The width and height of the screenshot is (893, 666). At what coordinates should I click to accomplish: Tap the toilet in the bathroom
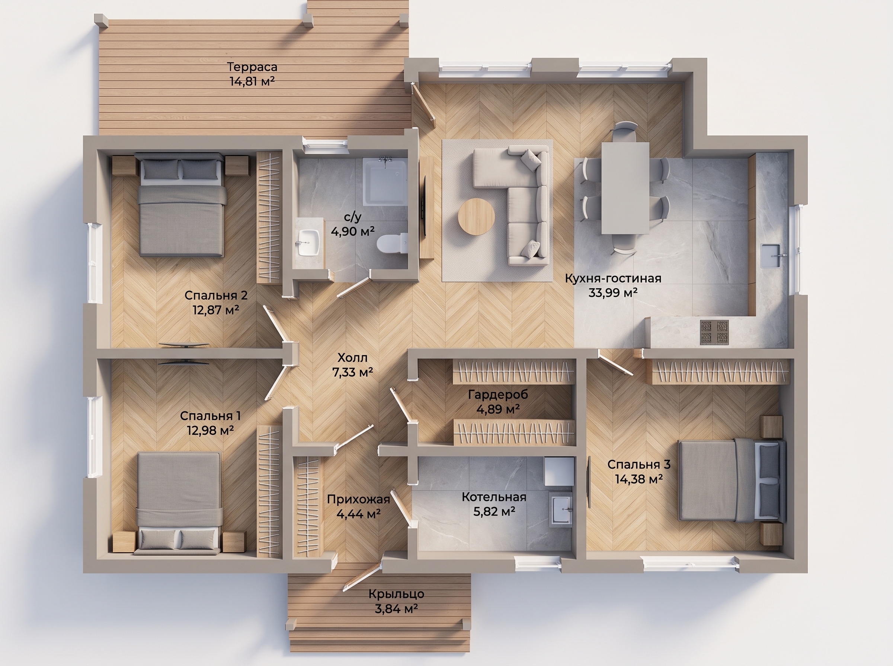click(391, 243)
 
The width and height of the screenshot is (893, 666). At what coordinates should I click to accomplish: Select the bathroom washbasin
click(309, 243)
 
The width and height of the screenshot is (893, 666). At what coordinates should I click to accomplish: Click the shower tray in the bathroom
click(385, 182)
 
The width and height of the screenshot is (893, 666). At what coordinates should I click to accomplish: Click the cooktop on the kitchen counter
click(714, 332)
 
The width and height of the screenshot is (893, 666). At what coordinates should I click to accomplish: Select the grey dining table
click(625, 189)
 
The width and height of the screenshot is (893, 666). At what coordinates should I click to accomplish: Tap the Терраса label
click(252, 67)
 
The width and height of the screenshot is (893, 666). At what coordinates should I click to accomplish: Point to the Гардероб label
click(498, 394)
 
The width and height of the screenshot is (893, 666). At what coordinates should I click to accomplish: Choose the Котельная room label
click(494, 497)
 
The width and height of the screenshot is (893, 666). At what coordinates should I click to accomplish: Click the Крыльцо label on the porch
click(396, 594)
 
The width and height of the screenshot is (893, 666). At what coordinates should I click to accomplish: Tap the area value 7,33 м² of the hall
click(353, 372)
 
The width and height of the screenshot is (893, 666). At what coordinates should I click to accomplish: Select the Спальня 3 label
click(639, 465)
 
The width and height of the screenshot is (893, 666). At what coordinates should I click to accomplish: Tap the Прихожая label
click(358, 499)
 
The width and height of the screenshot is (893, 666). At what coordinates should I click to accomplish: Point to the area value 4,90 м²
click(353, 231)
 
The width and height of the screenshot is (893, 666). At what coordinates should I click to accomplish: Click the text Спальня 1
click(210, 415)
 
